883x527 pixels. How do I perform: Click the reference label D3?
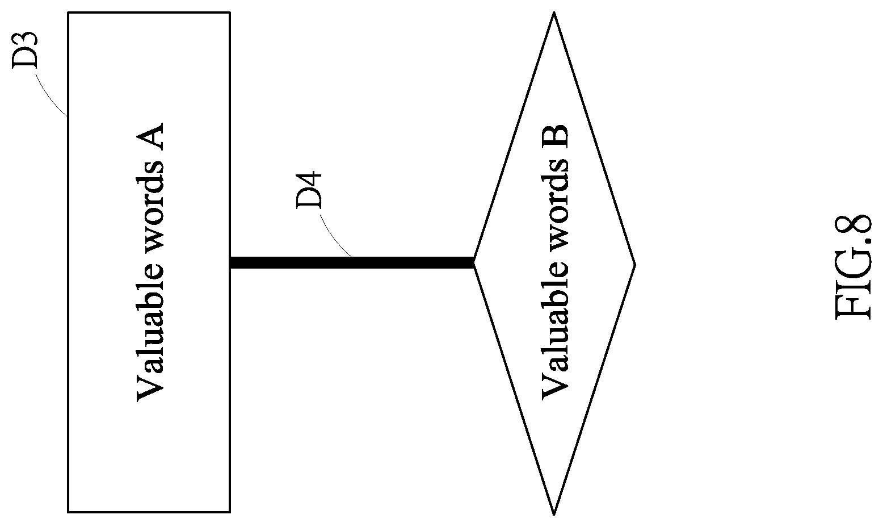(x=25, y=50)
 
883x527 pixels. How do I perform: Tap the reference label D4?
(x=309, y=190)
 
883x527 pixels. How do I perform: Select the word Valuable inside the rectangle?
(x=150, y=339)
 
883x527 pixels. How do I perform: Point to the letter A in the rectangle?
(x=150, y=137)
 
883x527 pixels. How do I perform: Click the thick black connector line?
(x=352, y=262)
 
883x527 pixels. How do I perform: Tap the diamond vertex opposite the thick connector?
(x=635, y=265)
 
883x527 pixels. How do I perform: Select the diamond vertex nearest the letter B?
(x=554, y=12)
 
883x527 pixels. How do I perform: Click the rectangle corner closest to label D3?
(x=68, y=12)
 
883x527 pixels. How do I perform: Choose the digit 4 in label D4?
(x=309, y=179)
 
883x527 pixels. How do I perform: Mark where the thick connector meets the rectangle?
(x=230, y=262)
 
